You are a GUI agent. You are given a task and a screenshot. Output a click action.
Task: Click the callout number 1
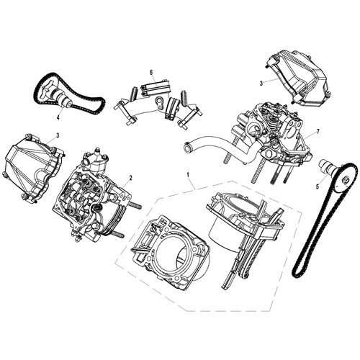tap(189, 174)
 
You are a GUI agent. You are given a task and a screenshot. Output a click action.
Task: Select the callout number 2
tap(131, 177)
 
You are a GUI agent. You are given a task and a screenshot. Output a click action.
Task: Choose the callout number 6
tap(152, 73)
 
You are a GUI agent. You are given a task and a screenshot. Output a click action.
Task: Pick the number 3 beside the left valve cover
tap(57, 135)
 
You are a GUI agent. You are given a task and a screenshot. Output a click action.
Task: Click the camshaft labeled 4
tap(56, 94)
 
